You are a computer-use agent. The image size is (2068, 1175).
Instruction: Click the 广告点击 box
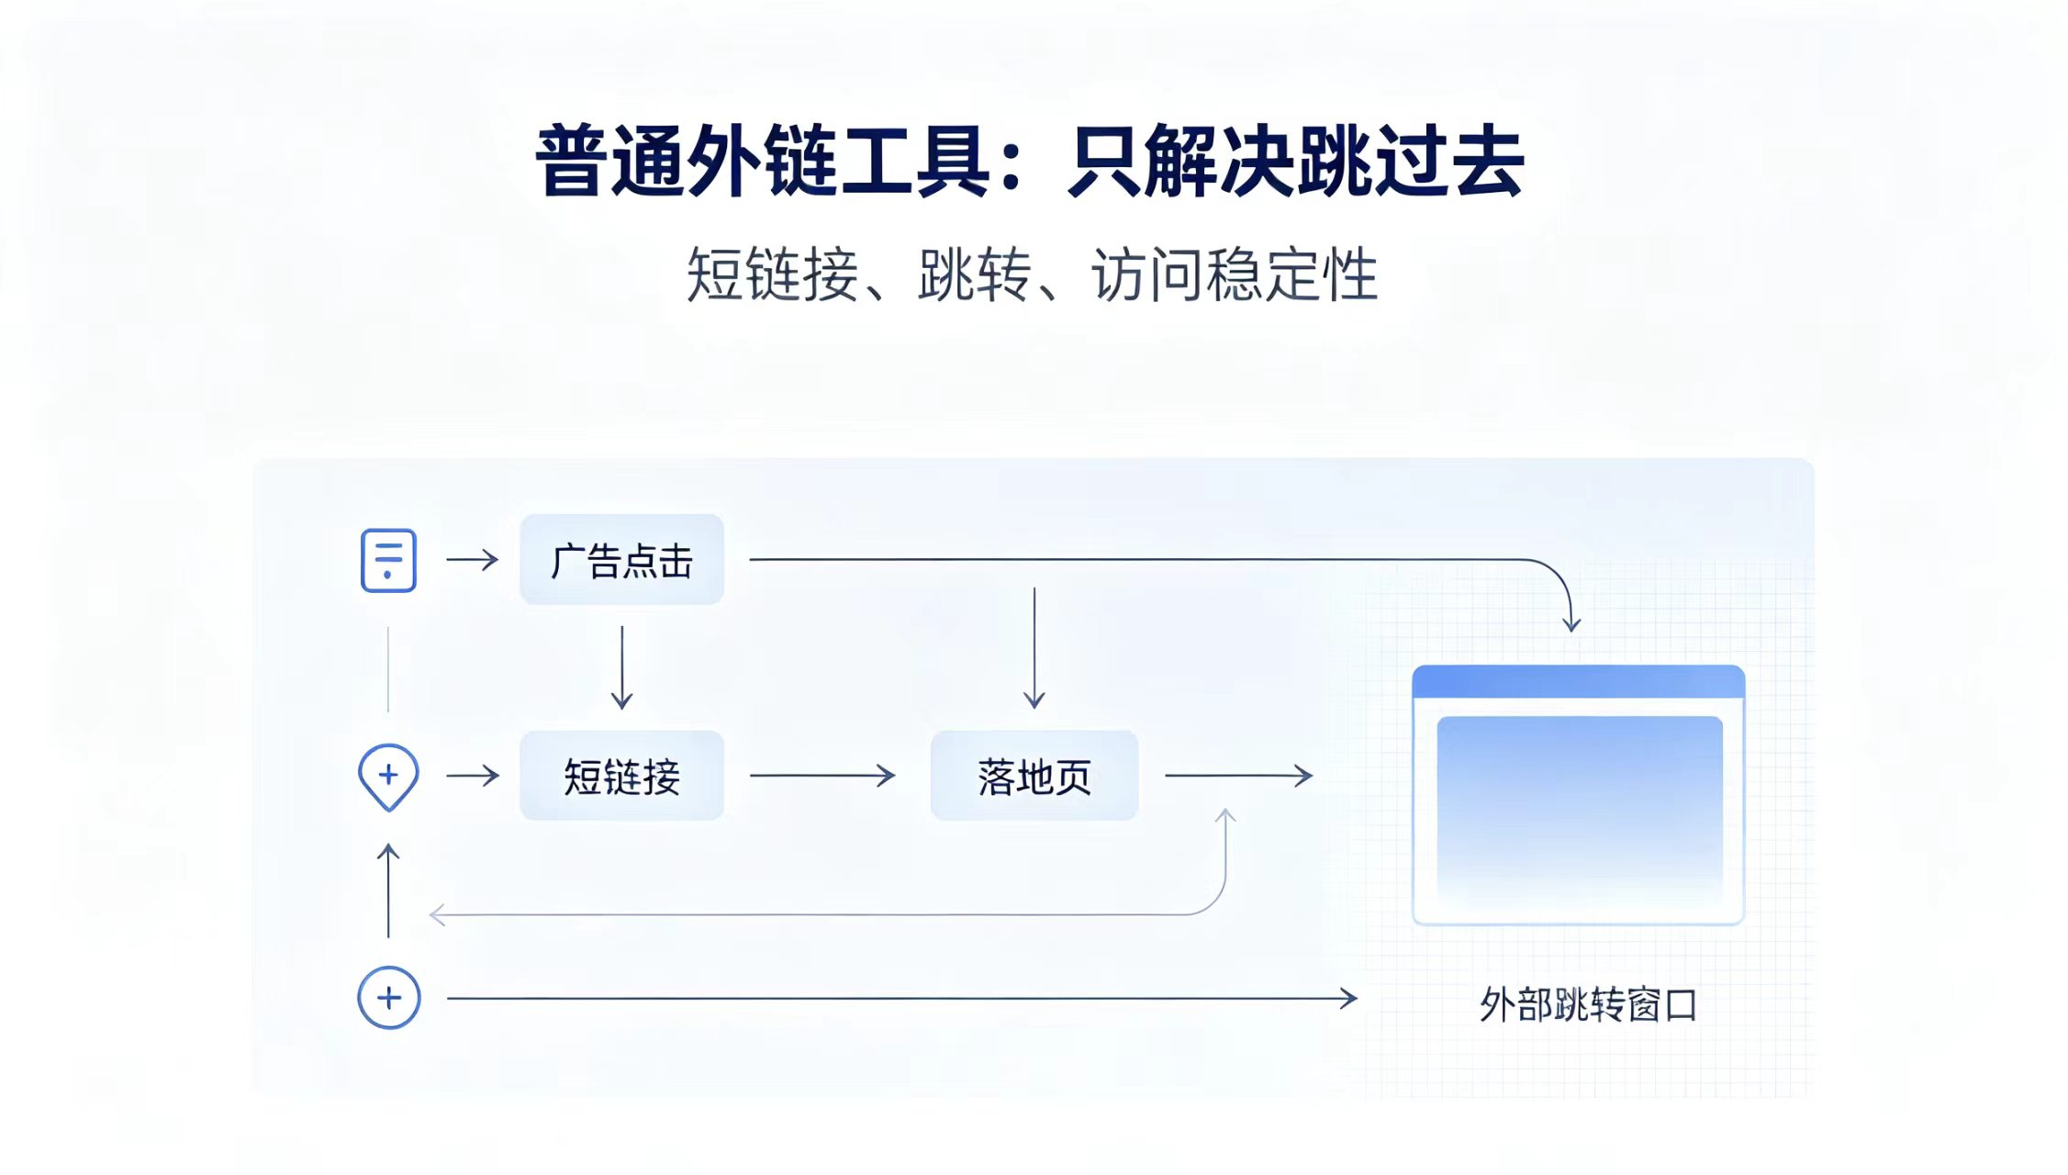pyautogui.click(x=621, y=559)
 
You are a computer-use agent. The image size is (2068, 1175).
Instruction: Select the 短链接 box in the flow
pyautogui.click(x=621, y=776)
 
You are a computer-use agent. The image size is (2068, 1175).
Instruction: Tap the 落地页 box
pyautogui.click(x=1034, y=776)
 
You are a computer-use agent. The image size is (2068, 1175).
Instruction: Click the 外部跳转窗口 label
pyautogui.click(x=1588, y=1004)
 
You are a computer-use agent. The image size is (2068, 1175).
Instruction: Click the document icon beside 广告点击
pyautogui.click(x=388, y=560)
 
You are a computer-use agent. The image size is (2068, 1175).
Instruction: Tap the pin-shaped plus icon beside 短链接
pyautogui.click(x=388, y=777)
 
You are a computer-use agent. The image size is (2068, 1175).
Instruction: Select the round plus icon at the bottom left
pyautogui.click(x=389, y=998)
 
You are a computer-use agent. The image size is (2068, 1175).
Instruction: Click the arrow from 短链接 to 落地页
pyautogui.click(x=822, y=776)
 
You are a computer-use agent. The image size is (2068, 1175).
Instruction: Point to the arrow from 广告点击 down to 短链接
pyautogui.click(x=621, y=667)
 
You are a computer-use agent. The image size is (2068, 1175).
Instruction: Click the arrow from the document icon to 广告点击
pyautogui.click(x=473, y=559)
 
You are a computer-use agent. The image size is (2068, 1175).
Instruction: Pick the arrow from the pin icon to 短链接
pyautogui.click(x=473, y=776)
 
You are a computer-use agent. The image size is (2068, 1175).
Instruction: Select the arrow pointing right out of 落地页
pyautogui.click(x=1239, y=776)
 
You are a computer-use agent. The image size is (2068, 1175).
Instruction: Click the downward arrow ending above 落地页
pyautogui.click(x=1034, y=648)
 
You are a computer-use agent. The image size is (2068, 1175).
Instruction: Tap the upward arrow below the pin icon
pyautogui.click(x=388, y=890)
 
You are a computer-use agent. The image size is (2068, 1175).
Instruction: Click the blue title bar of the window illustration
pyautogui.click(x=1578, y=681)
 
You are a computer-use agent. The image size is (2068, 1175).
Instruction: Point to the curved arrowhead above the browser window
pyautogui.click(x=1571, y=623)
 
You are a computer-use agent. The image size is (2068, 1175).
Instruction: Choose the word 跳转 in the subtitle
pyautogui.click(x=974, y=274)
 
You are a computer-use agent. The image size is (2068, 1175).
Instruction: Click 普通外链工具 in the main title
pyautogui.click(x=763, y=161)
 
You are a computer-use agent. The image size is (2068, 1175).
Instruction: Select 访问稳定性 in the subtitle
pyautogui.click(x=1235, y=274)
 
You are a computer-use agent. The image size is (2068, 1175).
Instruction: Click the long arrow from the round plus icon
pyautogui.click(x=902, y=998)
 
